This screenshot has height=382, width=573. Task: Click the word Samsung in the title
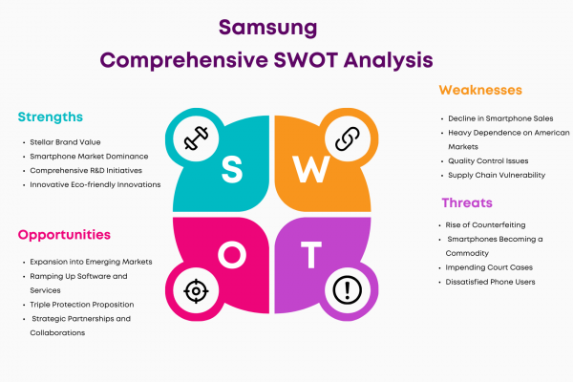(x=267, y=28)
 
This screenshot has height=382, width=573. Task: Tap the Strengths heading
(x=51, y=117)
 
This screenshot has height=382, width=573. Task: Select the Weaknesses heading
(x=480, y=90)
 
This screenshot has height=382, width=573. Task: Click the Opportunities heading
(x=64, y=235)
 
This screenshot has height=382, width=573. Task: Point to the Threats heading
(x=467, y=202)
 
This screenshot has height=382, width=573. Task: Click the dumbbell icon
(x=196, y=138)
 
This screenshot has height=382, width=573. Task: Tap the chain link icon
(x=348, y=138)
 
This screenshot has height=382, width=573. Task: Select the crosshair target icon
(x=196, y=291)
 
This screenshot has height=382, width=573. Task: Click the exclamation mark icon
(x=348, y=290)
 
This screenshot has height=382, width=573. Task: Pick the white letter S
(x=232, y=169)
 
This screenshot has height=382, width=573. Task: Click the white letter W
(x=311, y=169)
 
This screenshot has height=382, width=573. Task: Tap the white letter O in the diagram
(x=232, y=254)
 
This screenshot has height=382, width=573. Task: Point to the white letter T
(x=311, y=254)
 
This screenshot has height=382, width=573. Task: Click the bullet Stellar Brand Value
(x=65, y=142)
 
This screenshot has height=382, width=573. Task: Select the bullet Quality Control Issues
(x=488, y=160)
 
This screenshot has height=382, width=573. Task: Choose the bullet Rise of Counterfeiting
(x=485, y=224)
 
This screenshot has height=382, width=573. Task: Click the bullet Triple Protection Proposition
(x=82, y=305)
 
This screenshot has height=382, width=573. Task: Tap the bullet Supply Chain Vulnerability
(x=497, y=175)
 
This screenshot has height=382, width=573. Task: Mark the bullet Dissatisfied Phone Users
(x=490, y=282)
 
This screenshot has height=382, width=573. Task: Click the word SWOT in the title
(x=306, y=60)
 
